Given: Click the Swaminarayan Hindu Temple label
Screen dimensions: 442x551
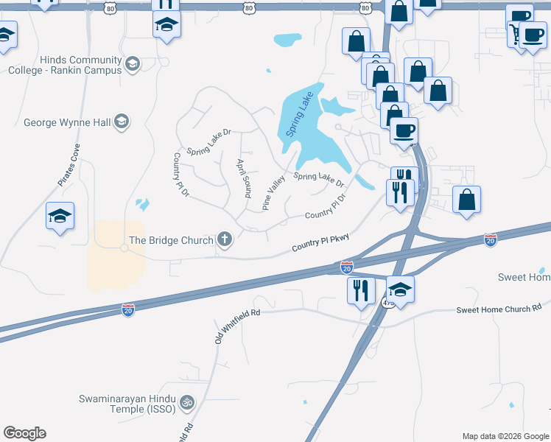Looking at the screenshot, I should click(128, 404).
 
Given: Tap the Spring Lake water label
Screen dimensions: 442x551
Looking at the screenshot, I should click(300, 113).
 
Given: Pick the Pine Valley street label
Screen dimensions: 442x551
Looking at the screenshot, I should click(274, 191).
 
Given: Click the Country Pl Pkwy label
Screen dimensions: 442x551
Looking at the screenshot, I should click(320, 243).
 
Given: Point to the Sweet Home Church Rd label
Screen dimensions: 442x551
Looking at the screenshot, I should click(499, 309).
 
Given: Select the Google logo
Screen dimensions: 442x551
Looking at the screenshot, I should click(24, 433).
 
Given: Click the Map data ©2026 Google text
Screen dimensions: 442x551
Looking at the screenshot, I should click(505, 436).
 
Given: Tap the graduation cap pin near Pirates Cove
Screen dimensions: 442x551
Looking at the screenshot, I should click(60, 216).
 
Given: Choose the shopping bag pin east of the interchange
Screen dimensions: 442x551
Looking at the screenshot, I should click(466, 200).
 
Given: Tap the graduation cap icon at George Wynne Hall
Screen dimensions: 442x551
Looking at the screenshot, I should click(122, 122).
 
